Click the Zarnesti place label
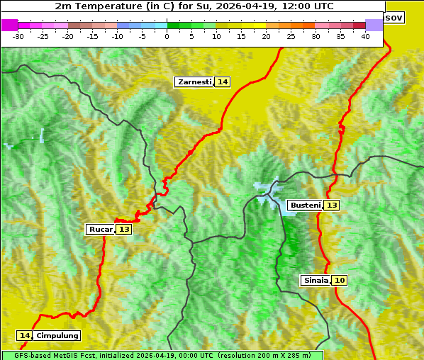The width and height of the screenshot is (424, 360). (x=194, y=82)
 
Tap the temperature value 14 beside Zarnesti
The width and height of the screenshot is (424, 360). (x=223, y=82)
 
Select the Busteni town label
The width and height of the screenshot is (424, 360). (x=304, y=206)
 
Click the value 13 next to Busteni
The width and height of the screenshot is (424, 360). (x=332, y=206)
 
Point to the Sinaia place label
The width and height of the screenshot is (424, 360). (x=316, y=281)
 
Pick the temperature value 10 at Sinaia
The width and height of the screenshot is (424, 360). (x=340, y=281)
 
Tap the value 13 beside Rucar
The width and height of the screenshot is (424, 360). (x=124, y=230)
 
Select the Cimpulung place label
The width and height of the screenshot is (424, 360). (x=57, y=336)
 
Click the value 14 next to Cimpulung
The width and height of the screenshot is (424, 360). (x=25, y=336)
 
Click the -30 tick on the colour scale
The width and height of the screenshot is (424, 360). (x=18, y=36)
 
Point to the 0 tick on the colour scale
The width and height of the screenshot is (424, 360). (x=167, y=36)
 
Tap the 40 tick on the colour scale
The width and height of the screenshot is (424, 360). (x=365, y=36)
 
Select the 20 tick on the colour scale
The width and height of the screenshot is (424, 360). (x=267, y=36)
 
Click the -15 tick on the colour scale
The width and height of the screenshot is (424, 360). (x=93, y=36)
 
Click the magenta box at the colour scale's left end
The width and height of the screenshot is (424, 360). (x=10, y=25)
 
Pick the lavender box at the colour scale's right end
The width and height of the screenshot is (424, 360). (x=374, y=25)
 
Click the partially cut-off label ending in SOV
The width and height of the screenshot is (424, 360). (x=394, y=17)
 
